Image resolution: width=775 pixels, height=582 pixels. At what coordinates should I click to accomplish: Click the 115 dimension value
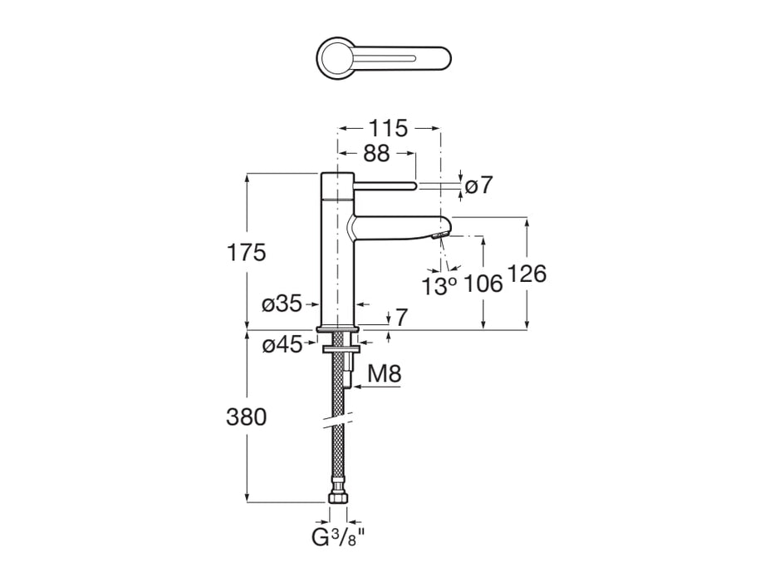388,129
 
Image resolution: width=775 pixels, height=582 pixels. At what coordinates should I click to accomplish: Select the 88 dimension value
375,155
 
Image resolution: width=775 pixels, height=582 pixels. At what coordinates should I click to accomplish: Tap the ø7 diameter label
479,185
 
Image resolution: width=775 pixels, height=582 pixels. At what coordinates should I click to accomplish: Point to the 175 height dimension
247,253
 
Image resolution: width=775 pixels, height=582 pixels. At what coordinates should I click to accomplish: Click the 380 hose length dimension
247,417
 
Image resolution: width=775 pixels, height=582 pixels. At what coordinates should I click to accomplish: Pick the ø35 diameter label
282,304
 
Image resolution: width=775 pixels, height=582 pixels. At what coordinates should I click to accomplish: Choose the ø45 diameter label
282,344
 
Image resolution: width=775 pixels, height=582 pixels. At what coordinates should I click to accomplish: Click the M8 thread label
385,374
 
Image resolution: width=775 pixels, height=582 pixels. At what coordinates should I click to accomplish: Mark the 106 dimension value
483,284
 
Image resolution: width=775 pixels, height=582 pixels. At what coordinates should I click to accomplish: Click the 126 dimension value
527,273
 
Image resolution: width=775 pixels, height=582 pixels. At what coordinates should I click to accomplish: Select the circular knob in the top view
337,58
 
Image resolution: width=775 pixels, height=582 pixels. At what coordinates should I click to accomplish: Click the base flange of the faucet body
337,328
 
